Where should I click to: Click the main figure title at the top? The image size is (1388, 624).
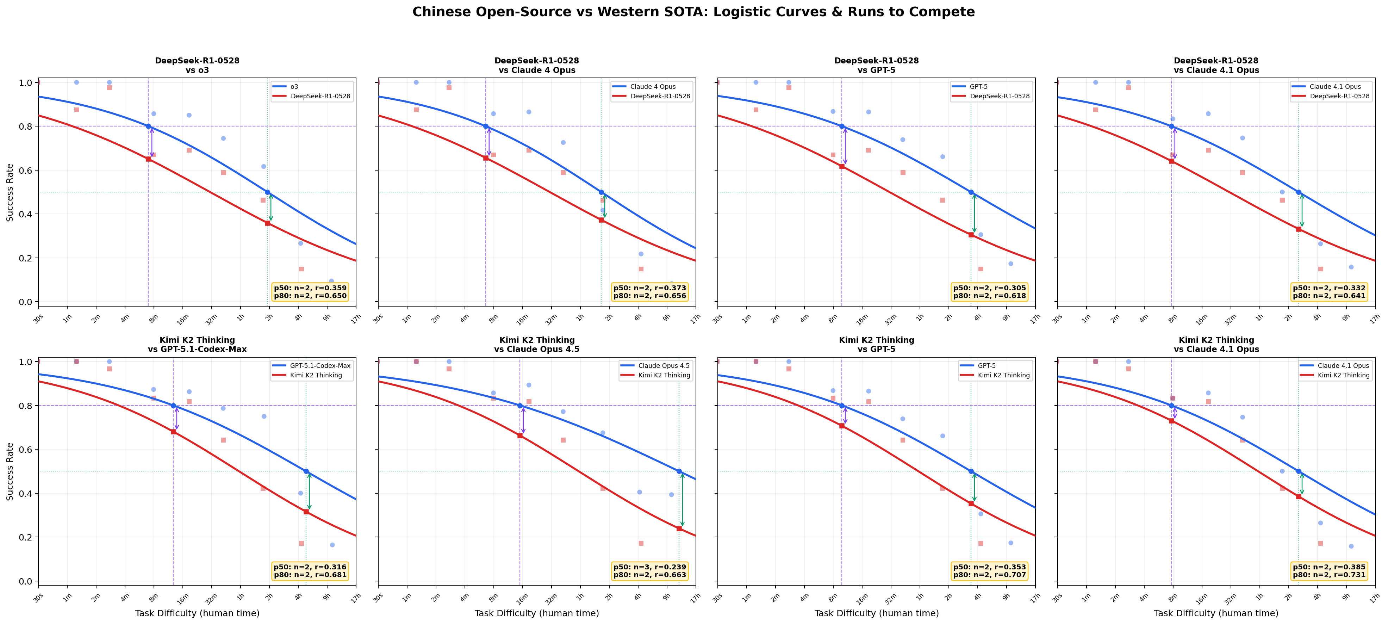coord(693,12)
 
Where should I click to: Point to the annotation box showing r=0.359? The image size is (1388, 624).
coord(310,291)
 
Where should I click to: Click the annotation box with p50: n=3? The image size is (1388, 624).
coord(649,571)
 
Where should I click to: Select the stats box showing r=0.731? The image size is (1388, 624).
coord(1329,571)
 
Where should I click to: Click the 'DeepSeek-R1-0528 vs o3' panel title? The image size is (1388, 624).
coord(197,65)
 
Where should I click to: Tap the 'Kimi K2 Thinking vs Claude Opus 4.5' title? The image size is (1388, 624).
coord(537,344)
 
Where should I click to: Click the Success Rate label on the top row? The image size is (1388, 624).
coord(10,192)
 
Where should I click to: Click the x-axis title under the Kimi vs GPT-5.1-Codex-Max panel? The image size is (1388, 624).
coord(197,613)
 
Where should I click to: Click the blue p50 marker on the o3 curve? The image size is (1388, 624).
coord(267,192)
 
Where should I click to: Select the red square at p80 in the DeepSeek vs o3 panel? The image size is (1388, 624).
coord(149,159)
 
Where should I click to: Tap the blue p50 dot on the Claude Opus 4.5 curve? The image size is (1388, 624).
coord(679,471)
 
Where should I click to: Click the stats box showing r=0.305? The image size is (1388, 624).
coord(989,291)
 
